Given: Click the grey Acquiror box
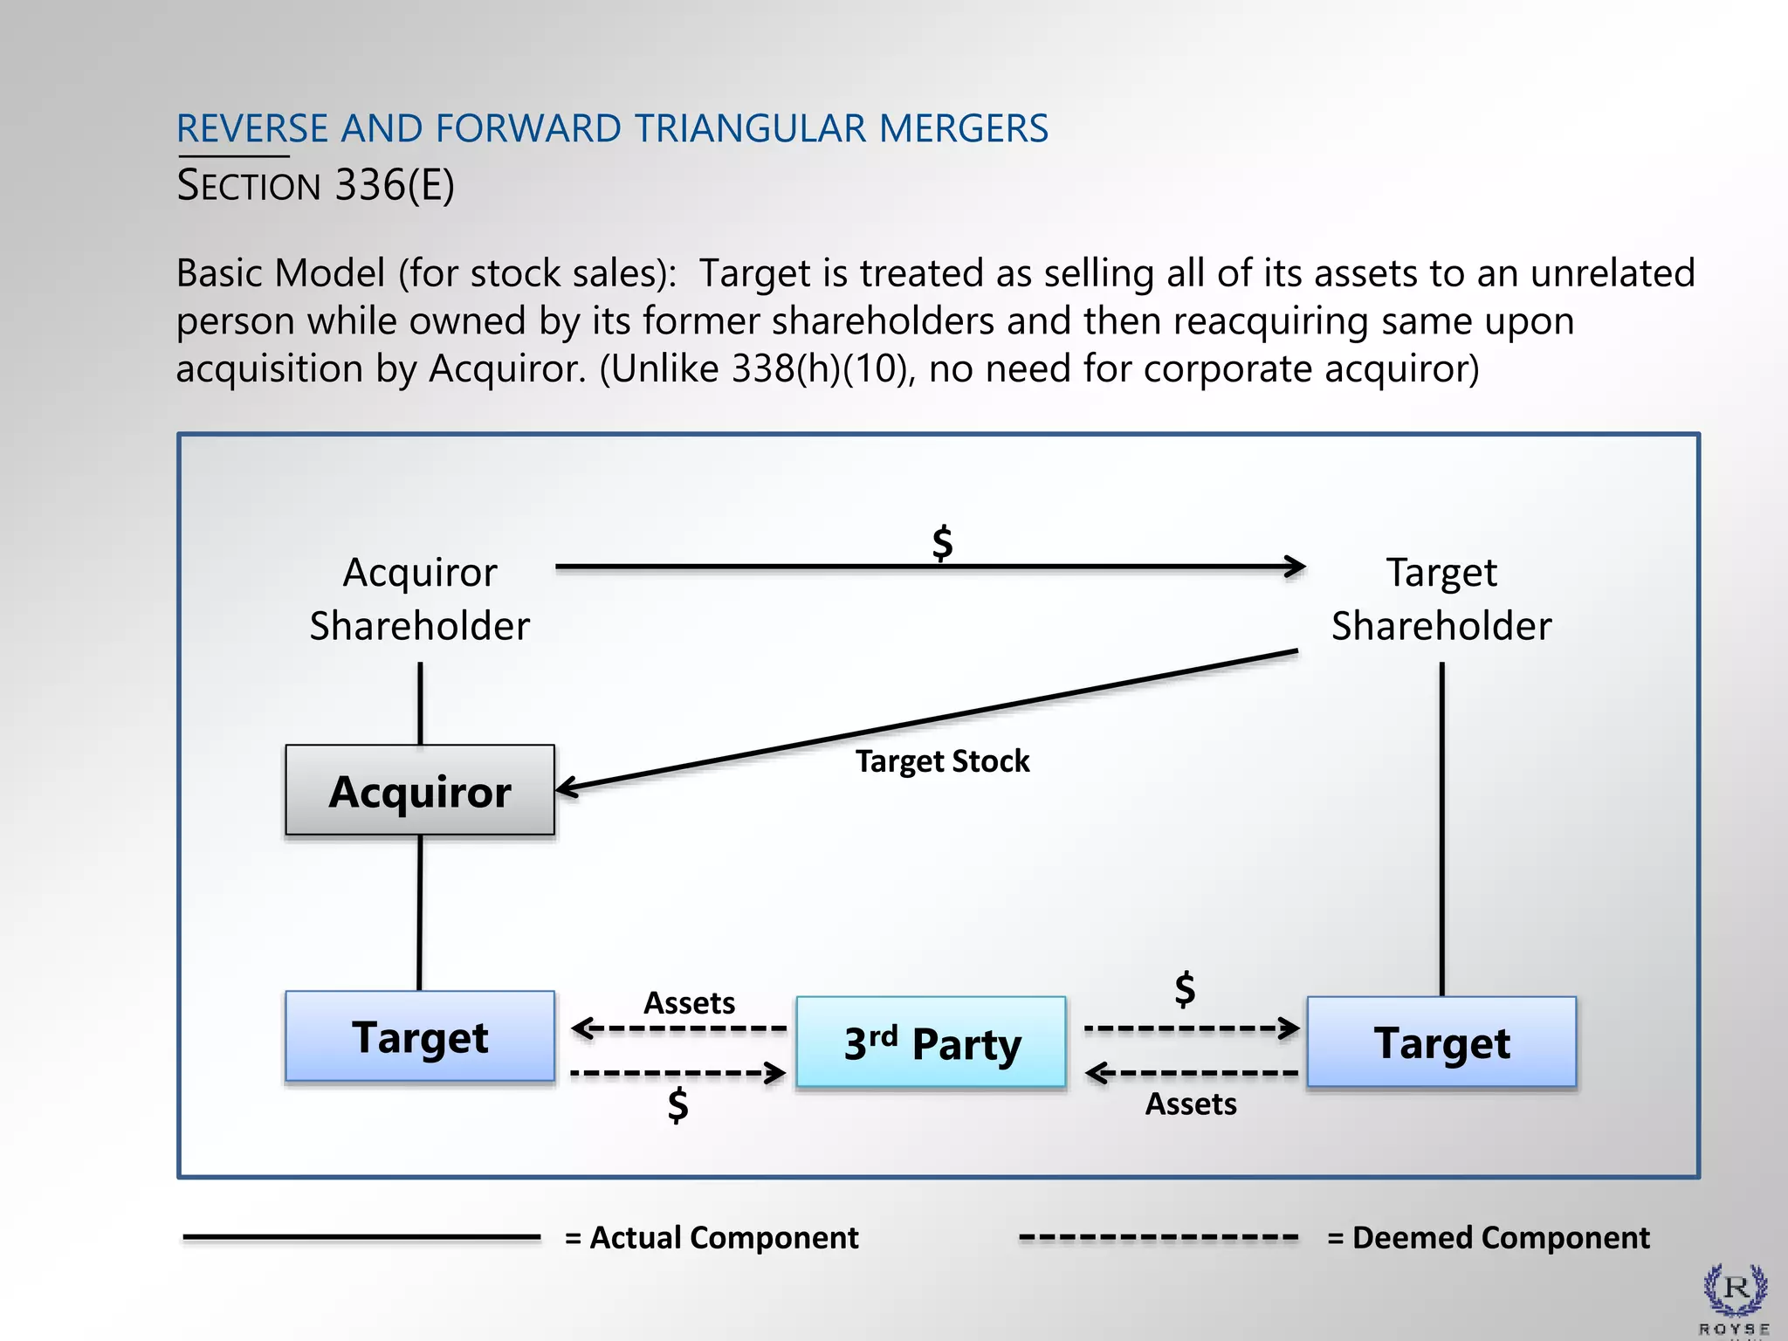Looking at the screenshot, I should [x=420, y=791].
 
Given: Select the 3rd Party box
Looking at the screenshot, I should [x=931, y=1042].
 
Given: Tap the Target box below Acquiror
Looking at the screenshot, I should [x=420, y=1037].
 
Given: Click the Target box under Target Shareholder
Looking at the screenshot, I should [x=1441, y=1042].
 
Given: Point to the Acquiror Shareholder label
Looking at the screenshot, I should [x=420, y=599].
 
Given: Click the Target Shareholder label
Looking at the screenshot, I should [x=1441, y=599].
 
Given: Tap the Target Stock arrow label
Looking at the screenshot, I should [x=942, y=761].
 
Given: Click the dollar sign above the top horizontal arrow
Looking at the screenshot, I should [x=942, y=543].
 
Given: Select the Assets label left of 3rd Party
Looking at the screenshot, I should [x=689, y=1002].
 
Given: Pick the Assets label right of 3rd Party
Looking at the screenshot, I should [x=1191, y=1104].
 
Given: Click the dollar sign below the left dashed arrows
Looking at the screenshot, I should [x=677, y=1105].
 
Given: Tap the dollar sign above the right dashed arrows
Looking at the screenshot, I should [x=1185, y=989].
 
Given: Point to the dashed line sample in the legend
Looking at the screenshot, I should [x=1159, y=1238].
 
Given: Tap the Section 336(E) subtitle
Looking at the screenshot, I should [x=315, y=185].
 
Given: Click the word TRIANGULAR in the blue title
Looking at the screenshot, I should [x=750, y=129].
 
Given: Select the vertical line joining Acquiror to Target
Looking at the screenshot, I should [x=420, y=912].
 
